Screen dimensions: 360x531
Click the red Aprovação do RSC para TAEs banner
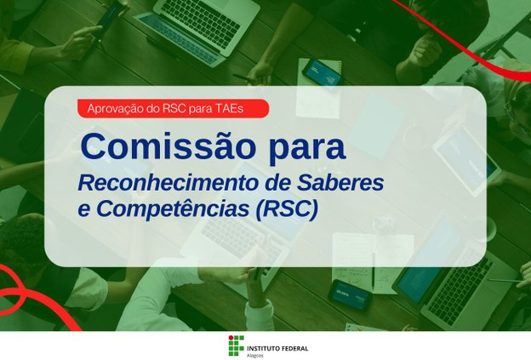point(172,108)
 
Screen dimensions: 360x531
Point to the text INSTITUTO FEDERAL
point(277,340)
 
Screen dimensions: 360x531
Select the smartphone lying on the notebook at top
point(322,71)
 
